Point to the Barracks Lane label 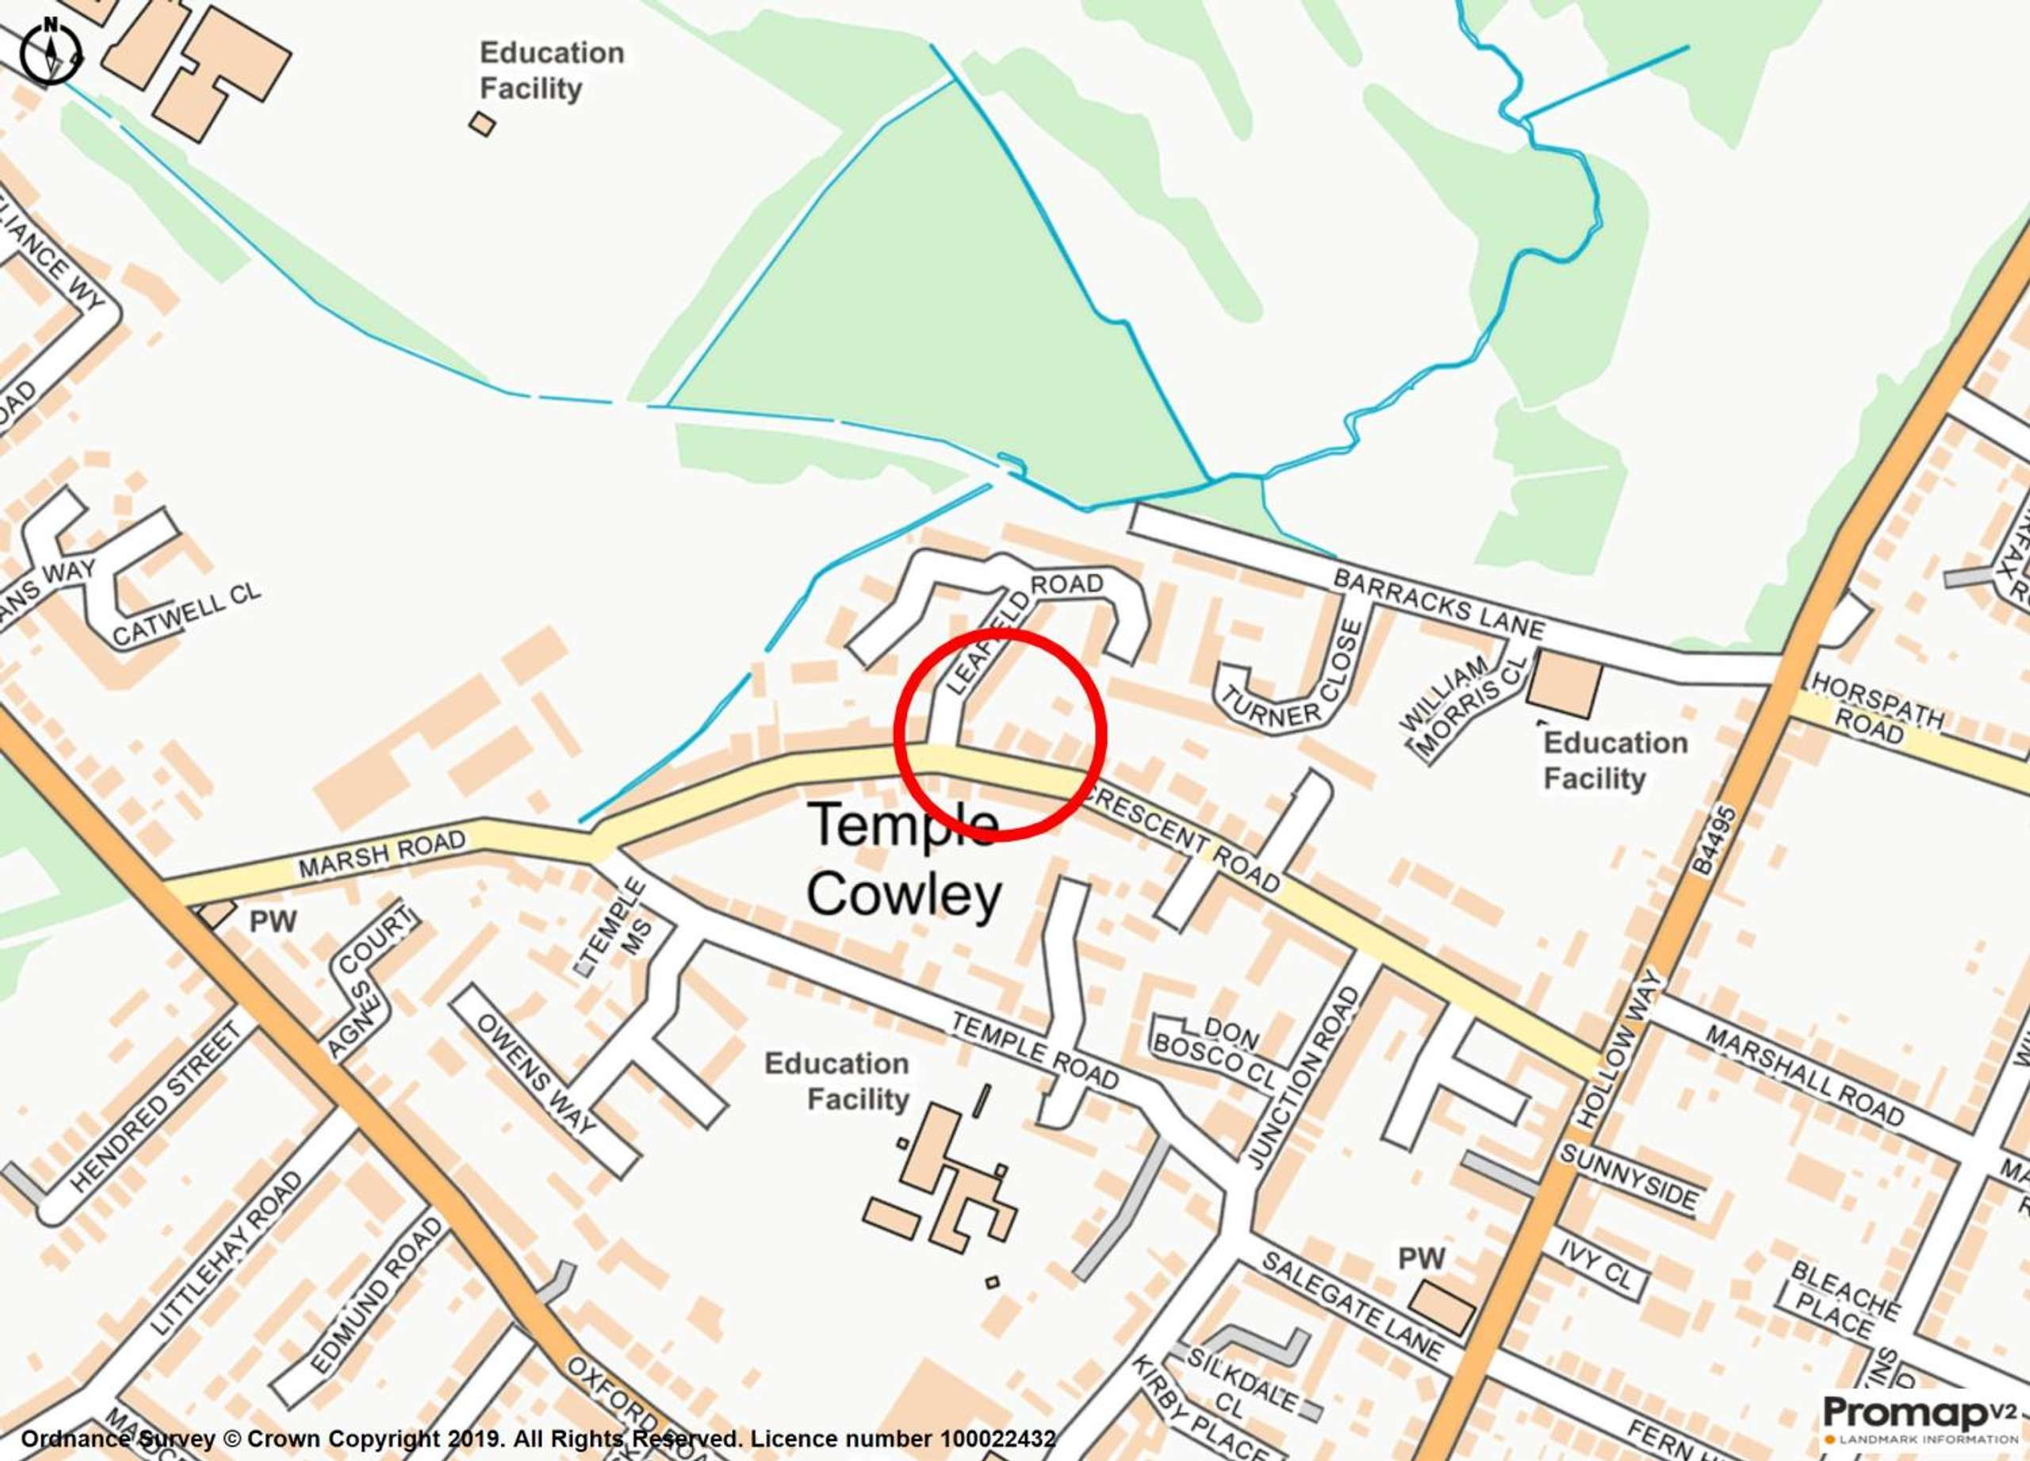tap(1438, 605)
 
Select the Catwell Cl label tap(186, 617)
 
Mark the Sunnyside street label tap(1628, 1176)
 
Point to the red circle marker tap(1001, 733)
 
